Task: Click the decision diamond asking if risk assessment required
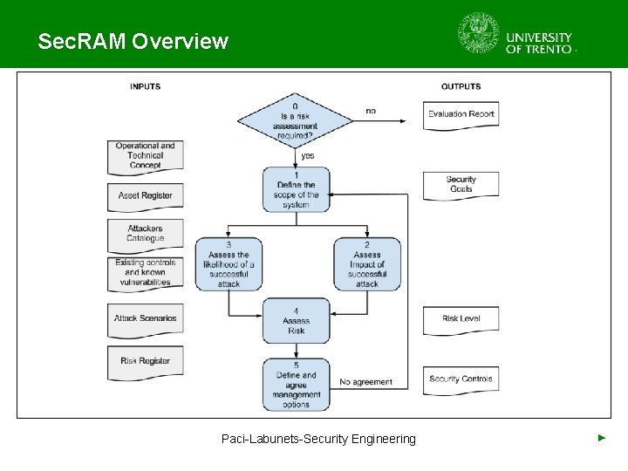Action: click(x=295, y=121)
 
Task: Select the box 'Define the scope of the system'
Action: click(x=297, y=189)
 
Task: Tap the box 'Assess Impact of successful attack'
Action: click(x=367, y=264)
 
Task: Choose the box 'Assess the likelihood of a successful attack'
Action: click(x=229, y=264)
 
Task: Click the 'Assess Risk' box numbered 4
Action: click(x=297, y=320)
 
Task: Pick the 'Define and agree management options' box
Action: click(x=297, y=385)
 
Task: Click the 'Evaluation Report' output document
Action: click(x=461, y=114)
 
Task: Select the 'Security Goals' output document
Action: click(x=461, y=185)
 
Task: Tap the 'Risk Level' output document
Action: click(x=461, y=319)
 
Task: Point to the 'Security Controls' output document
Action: click(x=461, y=379)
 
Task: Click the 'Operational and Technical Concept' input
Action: click(x=145, y=156)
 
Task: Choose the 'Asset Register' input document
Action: click(x=145, y=196)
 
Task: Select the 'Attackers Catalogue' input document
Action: click(x=145, y=233)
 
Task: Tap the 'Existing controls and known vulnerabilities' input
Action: click(x=145, y=272)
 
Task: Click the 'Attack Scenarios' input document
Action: click(x=145, y=318)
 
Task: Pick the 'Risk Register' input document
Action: click(x=145, y=361)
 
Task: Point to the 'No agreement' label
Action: click(x=365, y=382)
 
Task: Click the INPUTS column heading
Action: click(x=145, y=86)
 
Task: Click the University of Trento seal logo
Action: click(x=479, y=34)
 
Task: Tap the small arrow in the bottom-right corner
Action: click(x=601, y=437)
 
